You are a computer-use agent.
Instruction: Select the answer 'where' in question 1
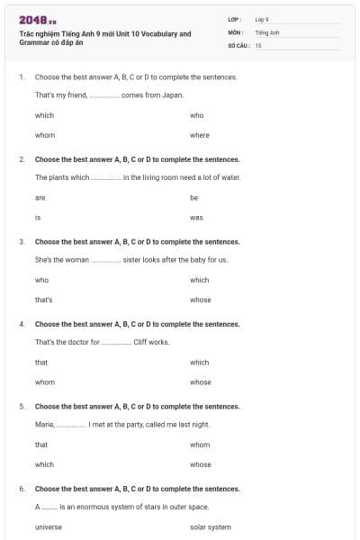pyautogui.click(x=200, y=135)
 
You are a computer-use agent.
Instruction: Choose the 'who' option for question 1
pyautogui.click(x=197, y=115)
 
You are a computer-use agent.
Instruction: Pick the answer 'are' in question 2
pyautogui.click(x=40, y=197)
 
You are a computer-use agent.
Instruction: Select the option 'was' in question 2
pyautogui.click(x=196, y=218)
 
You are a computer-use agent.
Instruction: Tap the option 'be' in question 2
pyautogui.click(x=194, y=197)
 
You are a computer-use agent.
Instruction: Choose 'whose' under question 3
pyautogui.click(x=201, y=300)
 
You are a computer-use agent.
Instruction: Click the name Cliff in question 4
pyautogui.click(x=144, y=342)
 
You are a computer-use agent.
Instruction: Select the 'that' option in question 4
pyautogui.click(x=41, y=362)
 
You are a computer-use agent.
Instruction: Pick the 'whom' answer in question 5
pyautogui.click(x=201, y=445)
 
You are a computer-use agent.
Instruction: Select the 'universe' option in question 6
pyautogui.click(x=49, y=526)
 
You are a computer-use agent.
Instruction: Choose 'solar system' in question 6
pyautogui.click(x=211, y=526)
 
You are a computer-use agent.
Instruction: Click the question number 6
pyautogui.click(x=22, y=489)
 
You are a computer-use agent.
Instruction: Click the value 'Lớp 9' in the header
pyautogui.click(x=262, y=19)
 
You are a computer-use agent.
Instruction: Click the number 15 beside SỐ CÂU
pyautogui.click(x=258, y=45)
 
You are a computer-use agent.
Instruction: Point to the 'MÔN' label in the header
pyautogui.click(x=236, y=31)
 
